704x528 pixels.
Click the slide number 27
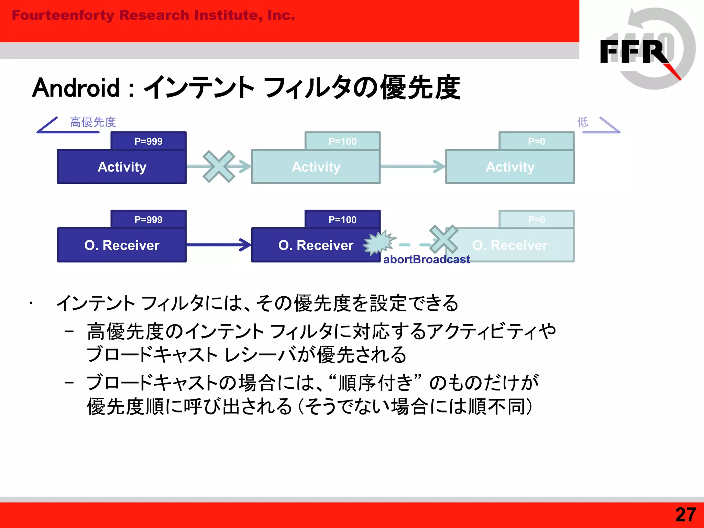point(685,515)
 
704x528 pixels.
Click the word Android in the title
point(76,88)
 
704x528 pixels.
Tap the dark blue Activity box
point(122,167)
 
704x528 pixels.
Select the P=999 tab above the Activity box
point(148,141)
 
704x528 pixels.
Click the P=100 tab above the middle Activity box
point(342,141)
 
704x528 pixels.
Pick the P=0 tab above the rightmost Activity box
point(536,141)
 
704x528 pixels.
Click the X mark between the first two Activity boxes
point(219,166)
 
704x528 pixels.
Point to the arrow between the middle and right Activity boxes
point(412,166)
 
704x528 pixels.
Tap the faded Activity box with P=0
point(510,167)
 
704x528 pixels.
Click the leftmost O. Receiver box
point(122,245)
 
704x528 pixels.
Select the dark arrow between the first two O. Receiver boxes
point(219,245)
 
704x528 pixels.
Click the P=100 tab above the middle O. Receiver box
point(342,219)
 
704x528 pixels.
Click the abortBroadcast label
point(426,259)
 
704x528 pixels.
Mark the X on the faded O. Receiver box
point(443,239)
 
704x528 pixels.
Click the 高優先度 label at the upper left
point(93,122)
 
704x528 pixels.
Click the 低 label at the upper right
point(582,122)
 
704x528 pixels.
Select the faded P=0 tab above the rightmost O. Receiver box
point(536,219)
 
